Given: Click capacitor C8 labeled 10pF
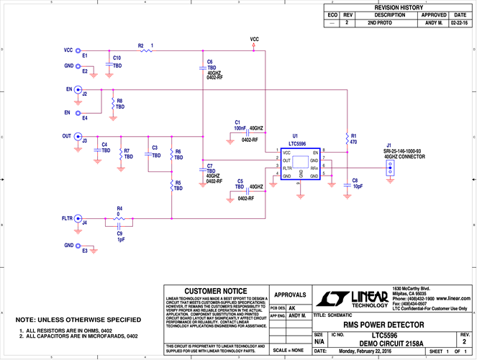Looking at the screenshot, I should click(x=347, y=181).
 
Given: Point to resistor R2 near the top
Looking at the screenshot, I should click(x=146, y=50).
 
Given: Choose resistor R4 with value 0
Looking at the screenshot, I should click(x=120, y=217).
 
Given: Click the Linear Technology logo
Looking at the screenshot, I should click(x=352, y=298).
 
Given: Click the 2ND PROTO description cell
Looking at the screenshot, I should click(x=389, y=23).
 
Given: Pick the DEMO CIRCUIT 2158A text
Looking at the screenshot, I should click(x=389, y=343).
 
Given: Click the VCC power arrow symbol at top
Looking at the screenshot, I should click(x=255, y=45).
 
